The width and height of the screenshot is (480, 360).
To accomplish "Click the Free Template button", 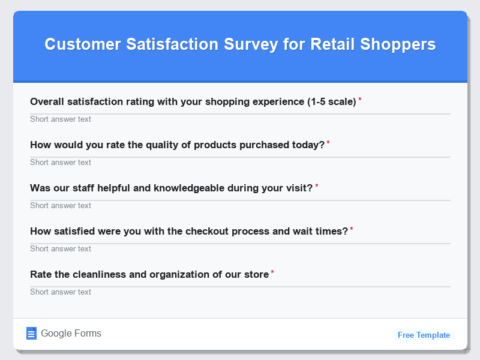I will tap(424, 335).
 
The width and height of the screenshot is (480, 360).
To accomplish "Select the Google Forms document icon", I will tap(32, 334).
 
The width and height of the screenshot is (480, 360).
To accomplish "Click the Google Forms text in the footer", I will tap(71, 334).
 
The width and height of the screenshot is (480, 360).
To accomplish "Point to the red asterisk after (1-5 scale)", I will tap(360, 100).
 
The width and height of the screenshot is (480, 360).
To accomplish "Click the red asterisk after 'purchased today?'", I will tap(328, 143).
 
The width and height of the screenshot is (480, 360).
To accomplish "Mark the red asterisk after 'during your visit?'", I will tap(317, 186).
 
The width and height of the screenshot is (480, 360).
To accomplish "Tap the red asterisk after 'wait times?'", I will tap(352, 229).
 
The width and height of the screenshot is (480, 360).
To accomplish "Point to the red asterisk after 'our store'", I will tap(272, 272).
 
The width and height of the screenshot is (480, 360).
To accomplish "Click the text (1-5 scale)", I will tap(332, 101).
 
